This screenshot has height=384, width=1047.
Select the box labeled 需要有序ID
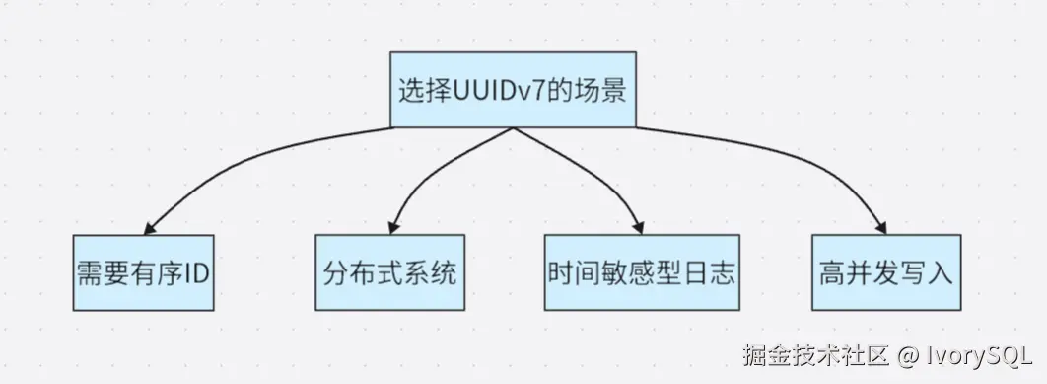(143, 272)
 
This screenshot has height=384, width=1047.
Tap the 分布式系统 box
(389, 272)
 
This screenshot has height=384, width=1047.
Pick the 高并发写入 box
(885, 272)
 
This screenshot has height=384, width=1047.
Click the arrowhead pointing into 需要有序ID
(148, 225)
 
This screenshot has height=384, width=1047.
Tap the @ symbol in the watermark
(906, 354)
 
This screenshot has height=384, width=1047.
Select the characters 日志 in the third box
(712, 273)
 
